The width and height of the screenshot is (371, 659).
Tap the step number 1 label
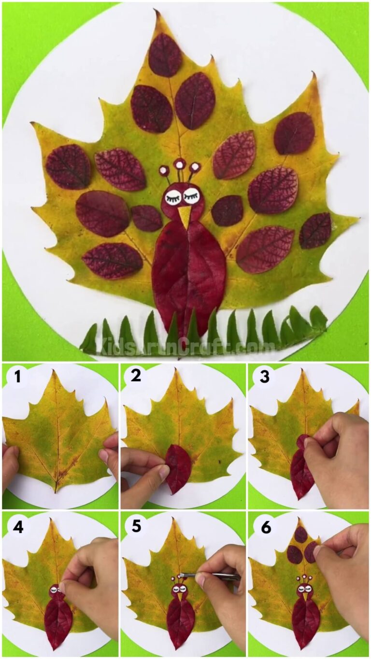coord(18,376)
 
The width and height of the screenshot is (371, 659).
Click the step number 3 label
coord(264,376)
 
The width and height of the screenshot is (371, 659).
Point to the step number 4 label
coord(18,527)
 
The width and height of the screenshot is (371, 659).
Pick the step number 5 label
coord(136,526)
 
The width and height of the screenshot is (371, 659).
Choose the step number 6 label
coord(266,527)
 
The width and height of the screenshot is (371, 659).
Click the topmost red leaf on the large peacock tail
coord(165,55)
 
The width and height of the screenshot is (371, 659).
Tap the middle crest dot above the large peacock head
coord(179,164)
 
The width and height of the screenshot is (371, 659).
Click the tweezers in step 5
coord(213,576)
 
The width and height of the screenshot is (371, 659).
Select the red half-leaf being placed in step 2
coord(178,468)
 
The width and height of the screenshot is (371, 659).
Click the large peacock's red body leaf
coord(188,275)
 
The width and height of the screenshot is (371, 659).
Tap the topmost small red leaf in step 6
coord(300,534)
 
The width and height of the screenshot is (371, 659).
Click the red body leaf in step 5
coord(180,623)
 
